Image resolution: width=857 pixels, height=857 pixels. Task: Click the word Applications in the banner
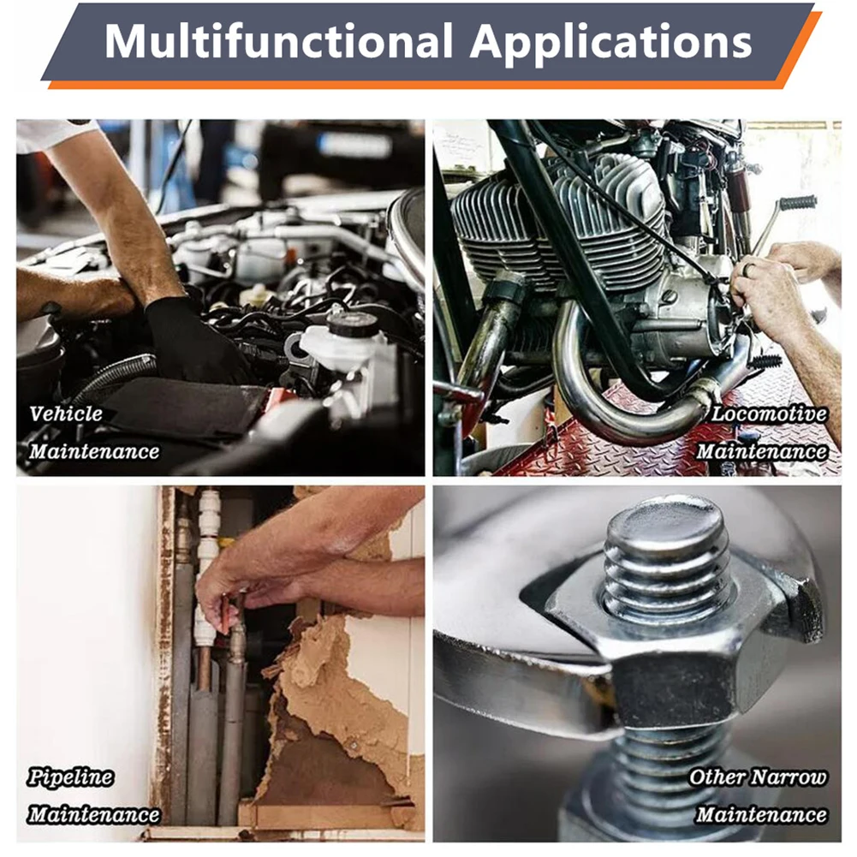pyautogui.click(x=610, y=42)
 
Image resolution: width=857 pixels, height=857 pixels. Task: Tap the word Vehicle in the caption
pyautogui.click(x=66, y=414)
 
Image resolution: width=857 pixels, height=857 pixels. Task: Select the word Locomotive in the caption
pyautogui.click(x=769, y=414)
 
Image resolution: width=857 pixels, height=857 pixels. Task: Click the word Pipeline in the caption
pyautogui.click(x=70, y=778)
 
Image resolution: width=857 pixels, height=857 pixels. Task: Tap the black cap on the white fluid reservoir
pyautogui.click(x=352, y=324)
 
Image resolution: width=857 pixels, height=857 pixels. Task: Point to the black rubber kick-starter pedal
pyautogui.click(x=797, y=203)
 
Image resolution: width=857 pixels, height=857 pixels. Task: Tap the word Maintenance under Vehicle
pyautogui.click(x=94, y=451)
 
